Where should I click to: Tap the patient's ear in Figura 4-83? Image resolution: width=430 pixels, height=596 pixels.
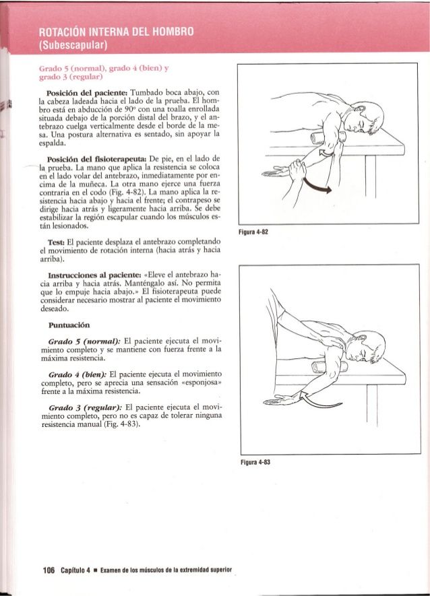(361, 351)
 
